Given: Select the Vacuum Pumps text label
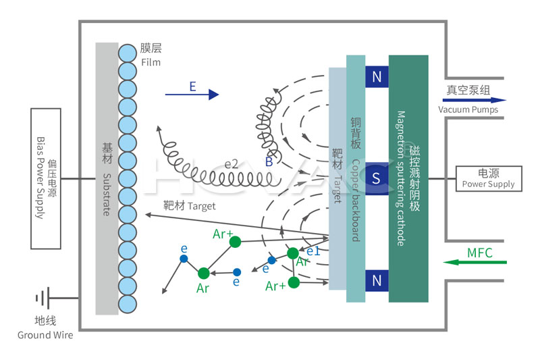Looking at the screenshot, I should (468, 110).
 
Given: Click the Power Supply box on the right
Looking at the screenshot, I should (487, 178).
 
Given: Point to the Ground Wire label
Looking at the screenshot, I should (45, 335).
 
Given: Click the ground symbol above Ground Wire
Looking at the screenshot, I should (45, 297).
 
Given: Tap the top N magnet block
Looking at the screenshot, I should (377, 77).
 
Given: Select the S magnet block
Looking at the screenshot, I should (377, 178).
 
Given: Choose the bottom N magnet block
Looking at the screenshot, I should (377, 280).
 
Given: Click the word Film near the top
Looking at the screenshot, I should (152, 62).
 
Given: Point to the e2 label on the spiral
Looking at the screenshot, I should (232, 163).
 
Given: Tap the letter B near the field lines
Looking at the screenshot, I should (269, 162).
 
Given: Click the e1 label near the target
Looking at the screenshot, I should (313, 251).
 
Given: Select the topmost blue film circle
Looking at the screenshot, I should (128, 51).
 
